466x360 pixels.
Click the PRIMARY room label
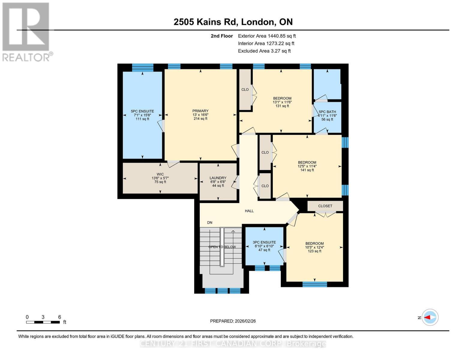(200, 111)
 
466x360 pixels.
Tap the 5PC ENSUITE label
(142, 111)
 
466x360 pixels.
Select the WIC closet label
(160, 174)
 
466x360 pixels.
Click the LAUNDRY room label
(218, 178)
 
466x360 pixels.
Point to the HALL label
(249, 211)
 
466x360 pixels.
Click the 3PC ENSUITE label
(264, 242)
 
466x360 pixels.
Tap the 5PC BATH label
(327, 112)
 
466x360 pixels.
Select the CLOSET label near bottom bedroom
(325, 206)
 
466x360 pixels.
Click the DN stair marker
(209, 223)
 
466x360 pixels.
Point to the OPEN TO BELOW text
(222, 247)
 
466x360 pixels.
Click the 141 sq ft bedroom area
(307, 170)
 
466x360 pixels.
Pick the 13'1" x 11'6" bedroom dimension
(282, 102)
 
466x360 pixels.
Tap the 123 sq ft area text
(314, 251)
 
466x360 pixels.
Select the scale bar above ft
(43, 322)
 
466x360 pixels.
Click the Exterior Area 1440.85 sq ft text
(267, 36)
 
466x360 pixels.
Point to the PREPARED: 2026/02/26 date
(233, 321)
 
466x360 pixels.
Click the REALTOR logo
(26, 31)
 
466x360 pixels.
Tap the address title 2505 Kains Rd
(233, 22)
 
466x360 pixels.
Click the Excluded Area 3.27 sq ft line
(264, 51)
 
